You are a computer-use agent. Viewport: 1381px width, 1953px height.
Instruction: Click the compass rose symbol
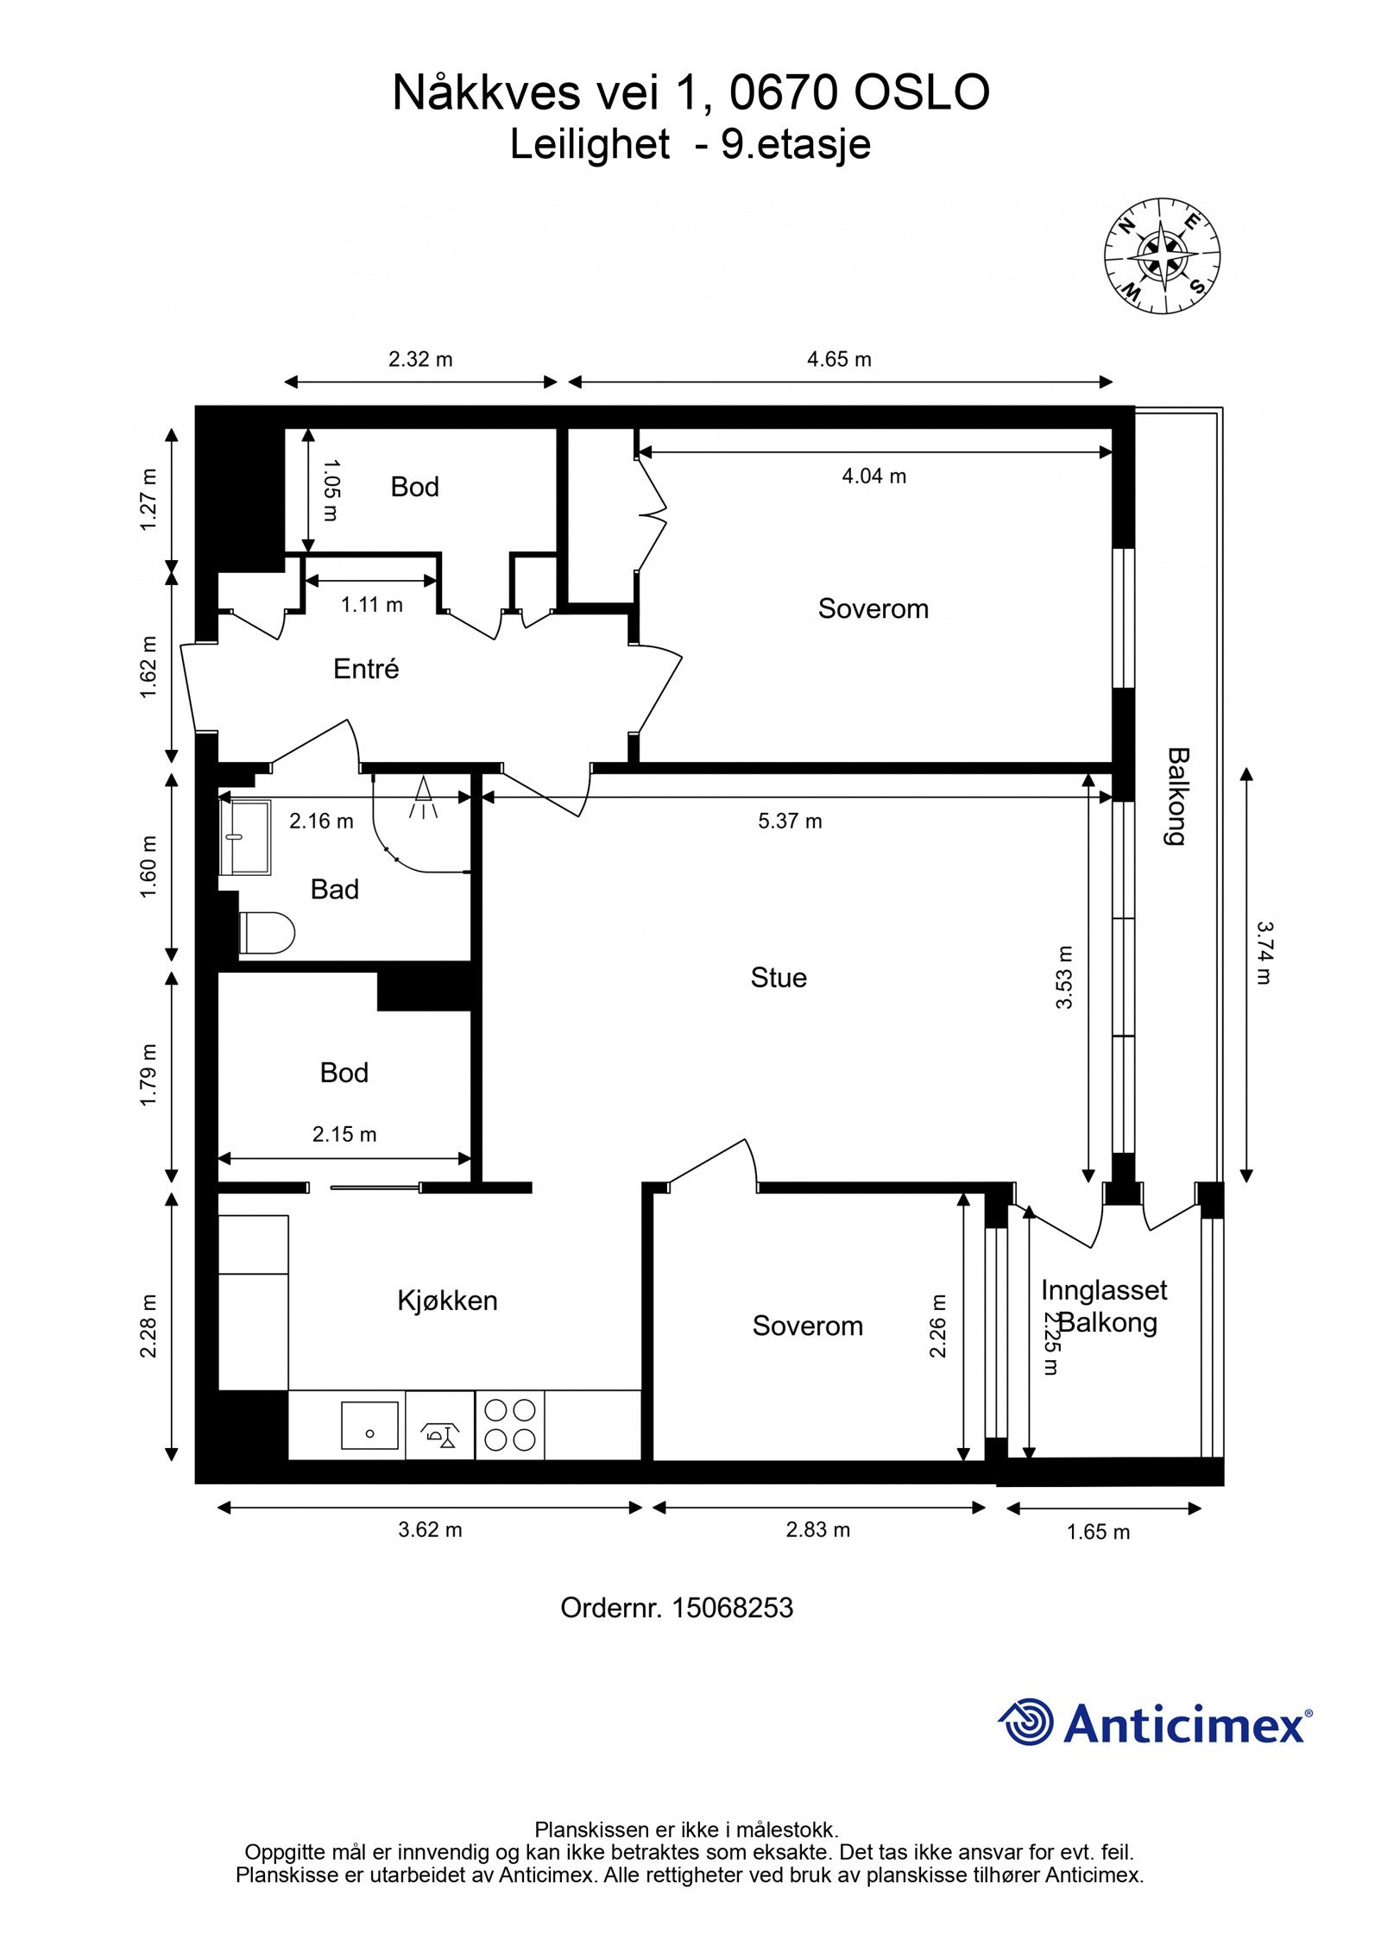click(x=1162, y=255)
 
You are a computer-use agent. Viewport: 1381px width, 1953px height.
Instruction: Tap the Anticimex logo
click(x=1155, y=1723)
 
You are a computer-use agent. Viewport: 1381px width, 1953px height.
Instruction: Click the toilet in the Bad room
click(x=267, y=933)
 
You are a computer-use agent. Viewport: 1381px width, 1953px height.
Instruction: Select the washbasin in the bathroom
click(x=245, y=836)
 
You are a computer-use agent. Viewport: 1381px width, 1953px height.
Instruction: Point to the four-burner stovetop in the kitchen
click(x=509, y=1425)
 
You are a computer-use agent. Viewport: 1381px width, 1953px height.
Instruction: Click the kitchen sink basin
click(x=369, y=1426)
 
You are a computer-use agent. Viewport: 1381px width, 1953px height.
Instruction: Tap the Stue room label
click(x=779, y=978)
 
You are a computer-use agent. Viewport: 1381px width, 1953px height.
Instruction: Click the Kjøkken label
click(x=447, y=1301)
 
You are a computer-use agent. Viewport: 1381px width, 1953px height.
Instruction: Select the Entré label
click(x=366, y=669)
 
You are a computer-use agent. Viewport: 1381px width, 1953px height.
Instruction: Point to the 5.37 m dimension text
click(x=790, y=821)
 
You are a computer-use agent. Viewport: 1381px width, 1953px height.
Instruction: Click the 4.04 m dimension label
click(x=874, y=476)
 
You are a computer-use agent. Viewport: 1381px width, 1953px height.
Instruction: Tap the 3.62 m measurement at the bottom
click(x=430, y=1530)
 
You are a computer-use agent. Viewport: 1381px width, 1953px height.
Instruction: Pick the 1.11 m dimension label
click(x=371, y=604)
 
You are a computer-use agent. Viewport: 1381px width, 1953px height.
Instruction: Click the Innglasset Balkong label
click(x=1104, y=1307)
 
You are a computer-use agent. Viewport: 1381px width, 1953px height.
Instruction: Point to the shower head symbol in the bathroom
click(x=423, y=797)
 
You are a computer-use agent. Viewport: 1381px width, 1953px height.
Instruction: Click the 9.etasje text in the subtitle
click(x=796, y=144)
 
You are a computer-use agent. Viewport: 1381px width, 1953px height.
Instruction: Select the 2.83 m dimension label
click(x=817, y=1530)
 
